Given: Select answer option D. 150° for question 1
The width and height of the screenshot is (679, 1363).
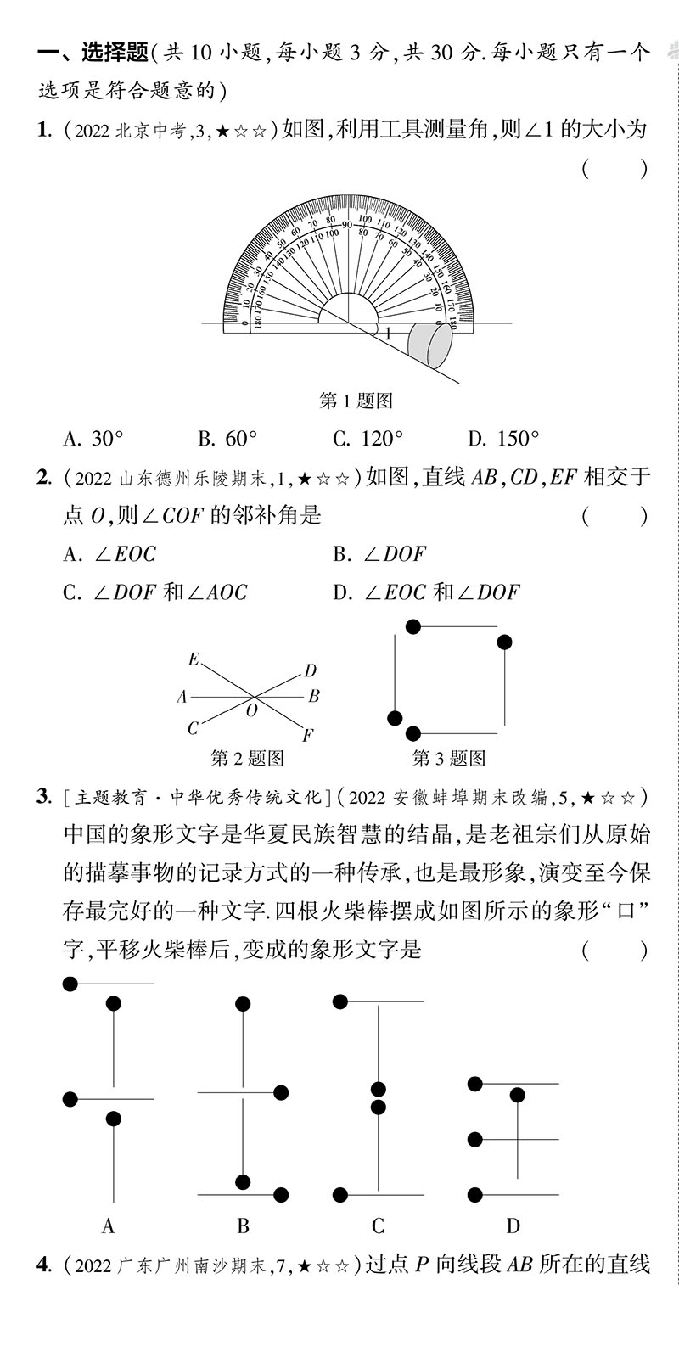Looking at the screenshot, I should pyautogui.click(x=503, y=439).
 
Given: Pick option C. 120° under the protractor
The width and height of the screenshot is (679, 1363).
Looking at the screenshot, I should pyautogui.click(x=368, y=439).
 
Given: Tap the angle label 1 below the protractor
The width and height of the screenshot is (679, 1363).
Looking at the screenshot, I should pyautogui.click(x=389, y=335).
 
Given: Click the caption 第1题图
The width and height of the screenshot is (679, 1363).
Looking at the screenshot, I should pyautogui.click(x=356, y=400).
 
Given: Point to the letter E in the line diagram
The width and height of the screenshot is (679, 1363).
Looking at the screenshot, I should pyautogui.click(x=194, y=659).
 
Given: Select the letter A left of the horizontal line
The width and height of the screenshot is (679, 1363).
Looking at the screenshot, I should pyautogui.click(x=182, y=698).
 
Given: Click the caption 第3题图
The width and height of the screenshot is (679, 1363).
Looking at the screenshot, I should pyautogui.click(x=449, y=758).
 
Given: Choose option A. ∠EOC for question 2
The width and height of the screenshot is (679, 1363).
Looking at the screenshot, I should pyautogui.click(x=109, y=554).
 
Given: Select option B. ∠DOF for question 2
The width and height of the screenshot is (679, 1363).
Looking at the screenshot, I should pyautogui.click(x=379, y=554).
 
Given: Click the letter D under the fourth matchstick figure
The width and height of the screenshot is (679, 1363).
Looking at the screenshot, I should pyautogui.click(x=513, y=1226).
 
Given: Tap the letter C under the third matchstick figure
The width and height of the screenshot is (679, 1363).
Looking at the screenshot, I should pyautogui.click(x=378, y=1226).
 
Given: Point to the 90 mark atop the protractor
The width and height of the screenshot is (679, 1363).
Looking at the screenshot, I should pyautogui.click(x=346, y=224).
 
